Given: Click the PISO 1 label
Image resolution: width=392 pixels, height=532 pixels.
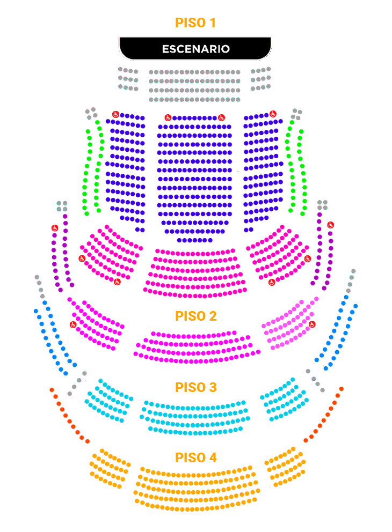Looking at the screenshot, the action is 195,23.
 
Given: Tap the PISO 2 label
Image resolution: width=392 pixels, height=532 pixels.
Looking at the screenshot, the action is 195,316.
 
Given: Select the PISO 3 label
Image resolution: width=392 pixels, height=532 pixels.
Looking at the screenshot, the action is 195,387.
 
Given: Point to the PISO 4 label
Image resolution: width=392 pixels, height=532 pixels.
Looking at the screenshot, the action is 195,457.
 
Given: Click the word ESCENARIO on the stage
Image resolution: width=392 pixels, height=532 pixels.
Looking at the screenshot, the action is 196,49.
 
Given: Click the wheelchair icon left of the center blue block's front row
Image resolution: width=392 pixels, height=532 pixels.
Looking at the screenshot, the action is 168,118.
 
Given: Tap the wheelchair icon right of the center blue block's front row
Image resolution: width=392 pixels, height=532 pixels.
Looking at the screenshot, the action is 221,118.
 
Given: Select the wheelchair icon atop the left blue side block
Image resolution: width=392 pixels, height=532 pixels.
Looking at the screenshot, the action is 115,114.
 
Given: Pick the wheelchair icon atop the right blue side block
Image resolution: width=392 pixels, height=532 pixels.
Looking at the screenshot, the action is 273,114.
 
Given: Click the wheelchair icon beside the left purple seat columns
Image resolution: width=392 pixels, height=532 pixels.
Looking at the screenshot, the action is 55,228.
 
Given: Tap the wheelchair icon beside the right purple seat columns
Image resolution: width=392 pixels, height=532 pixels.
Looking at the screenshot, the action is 331,225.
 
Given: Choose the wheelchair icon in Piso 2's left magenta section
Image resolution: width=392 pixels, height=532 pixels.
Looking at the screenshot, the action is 73,324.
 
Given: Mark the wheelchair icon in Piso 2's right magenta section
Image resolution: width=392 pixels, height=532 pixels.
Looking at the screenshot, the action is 312,324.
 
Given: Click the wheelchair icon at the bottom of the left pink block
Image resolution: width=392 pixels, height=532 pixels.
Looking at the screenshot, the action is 117,282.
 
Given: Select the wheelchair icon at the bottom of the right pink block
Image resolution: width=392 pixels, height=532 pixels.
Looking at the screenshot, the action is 272,282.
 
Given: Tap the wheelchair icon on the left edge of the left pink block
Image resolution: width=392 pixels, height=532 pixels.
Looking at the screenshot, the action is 82,258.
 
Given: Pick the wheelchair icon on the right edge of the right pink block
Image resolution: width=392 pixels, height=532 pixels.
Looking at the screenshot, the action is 307,259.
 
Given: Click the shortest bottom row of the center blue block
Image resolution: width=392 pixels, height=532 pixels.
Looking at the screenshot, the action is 194,240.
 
